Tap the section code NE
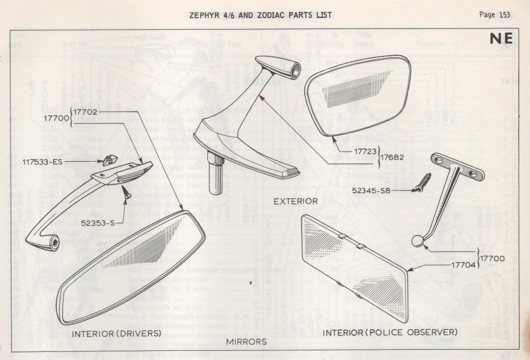click(502, 40)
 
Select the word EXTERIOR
click(295, 201)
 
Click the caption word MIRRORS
click(247, 342)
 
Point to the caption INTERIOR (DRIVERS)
click(117, 332)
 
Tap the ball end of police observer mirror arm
click(417, 241)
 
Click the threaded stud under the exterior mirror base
click(215, 173)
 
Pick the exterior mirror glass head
click(357, 95)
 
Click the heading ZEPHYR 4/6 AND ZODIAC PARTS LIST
click(260, 15)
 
